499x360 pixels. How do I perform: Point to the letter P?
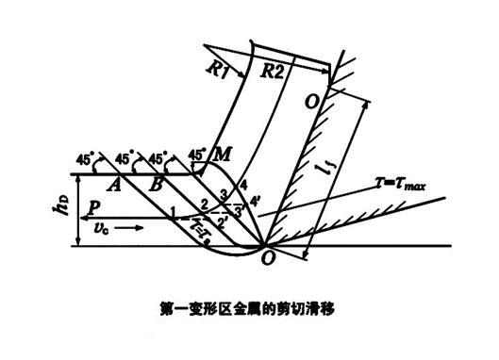tap(93, 207)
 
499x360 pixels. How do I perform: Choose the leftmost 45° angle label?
tap(87, 158)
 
